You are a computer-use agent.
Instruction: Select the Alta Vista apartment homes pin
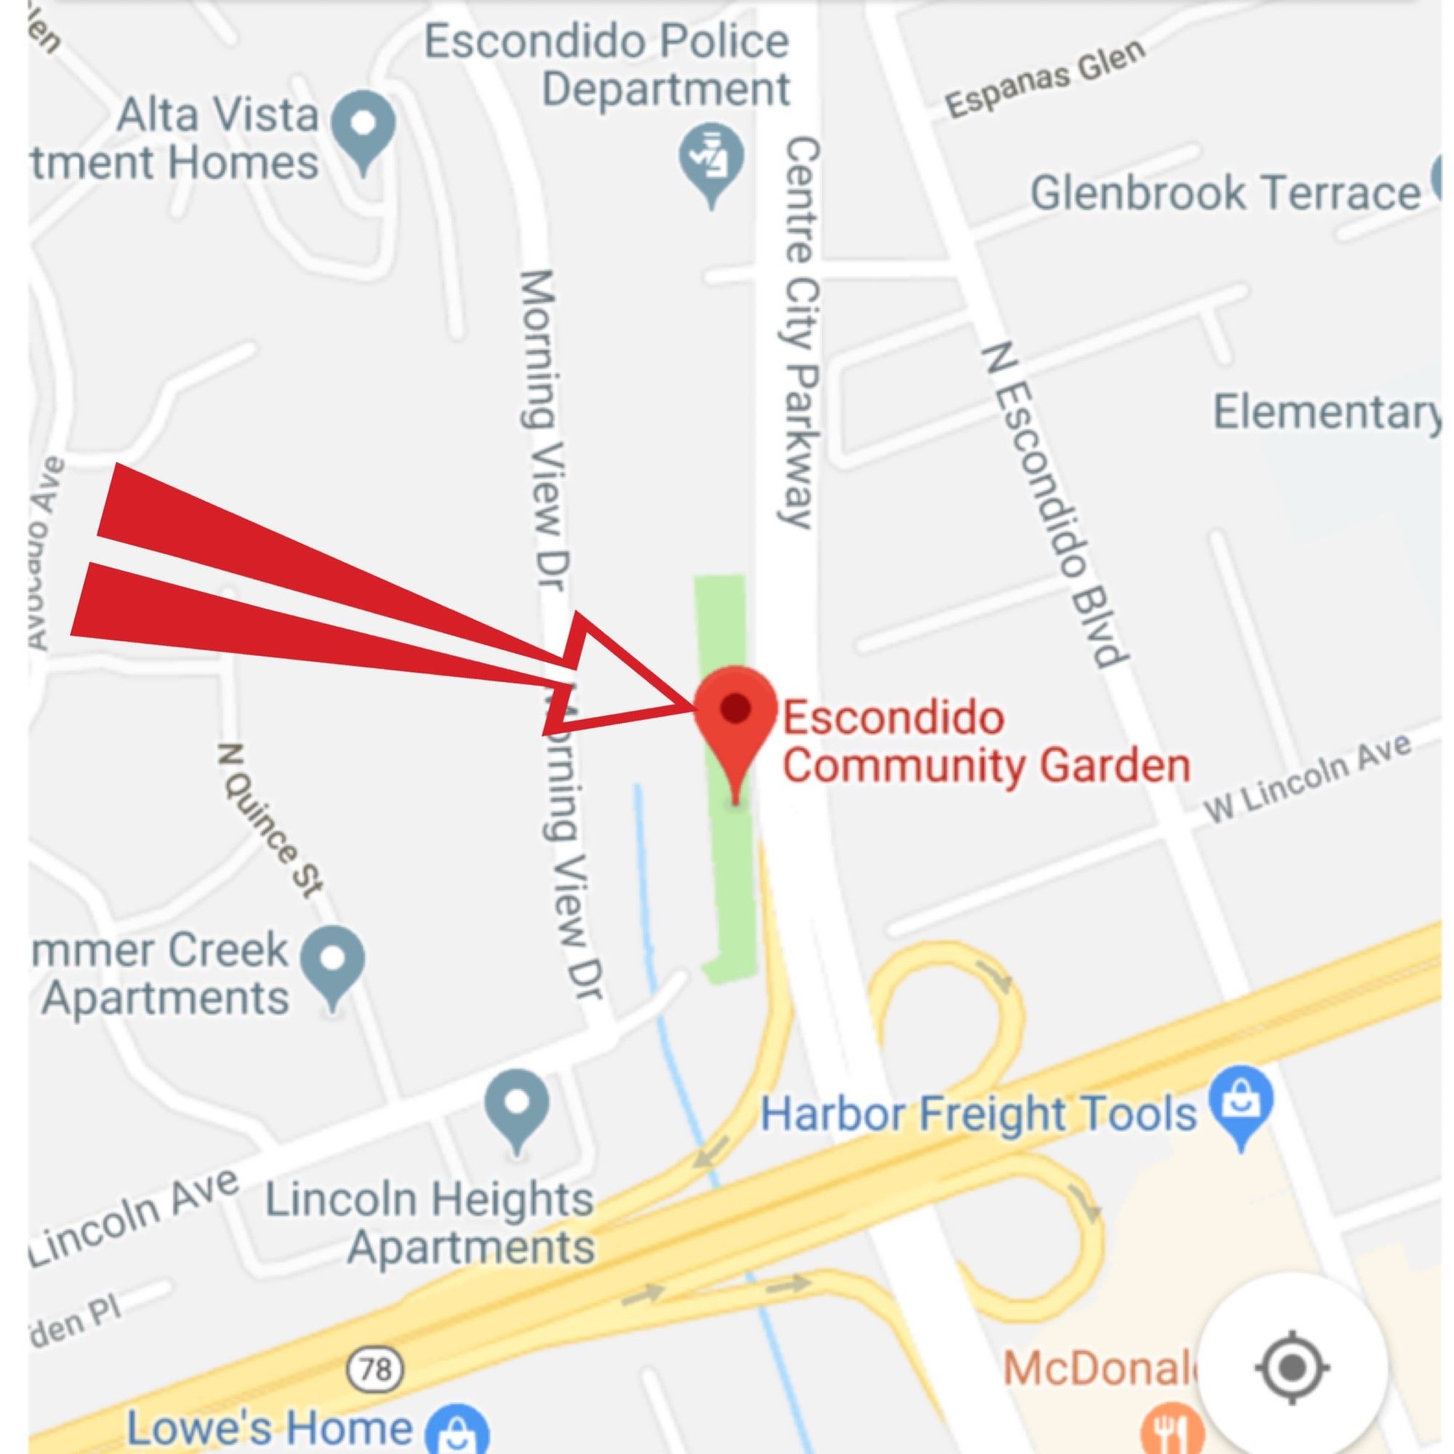tap(363, 125)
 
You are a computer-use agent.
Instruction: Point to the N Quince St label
tap(271, 821)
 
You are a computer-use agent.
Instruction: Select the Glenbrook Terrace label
tap(1225, 193)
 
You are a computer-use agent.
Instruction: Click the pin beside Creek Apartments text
tap(332, 962)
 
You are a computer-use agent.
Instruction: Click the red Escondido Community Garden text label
tap(986, 742)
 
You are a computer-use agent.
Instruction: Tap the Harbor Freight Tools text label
tap(978, 1114)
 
